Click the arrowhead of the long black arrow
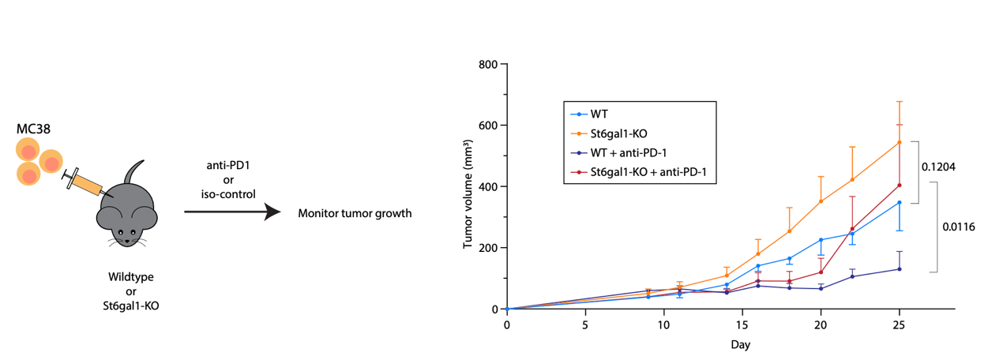tap(272, 212)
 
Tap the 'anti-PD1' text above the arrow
tap(229, 166)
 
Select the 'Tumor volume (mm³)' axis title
tap(468, 186)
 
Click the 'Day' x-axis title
tap(740, 344)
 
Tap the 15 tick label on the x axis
tap(742, 324)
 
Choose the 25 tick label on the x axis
tap(899, 324)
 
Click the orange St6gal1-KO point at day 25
tap(899, 142)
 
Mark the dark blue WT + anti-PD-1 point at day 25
tap(899, 269)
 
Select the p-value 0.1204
tap(938, 167)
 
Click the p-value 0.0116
tap(959, 227)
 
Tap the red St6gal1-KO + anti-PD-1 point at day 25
tap(899, 186)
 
